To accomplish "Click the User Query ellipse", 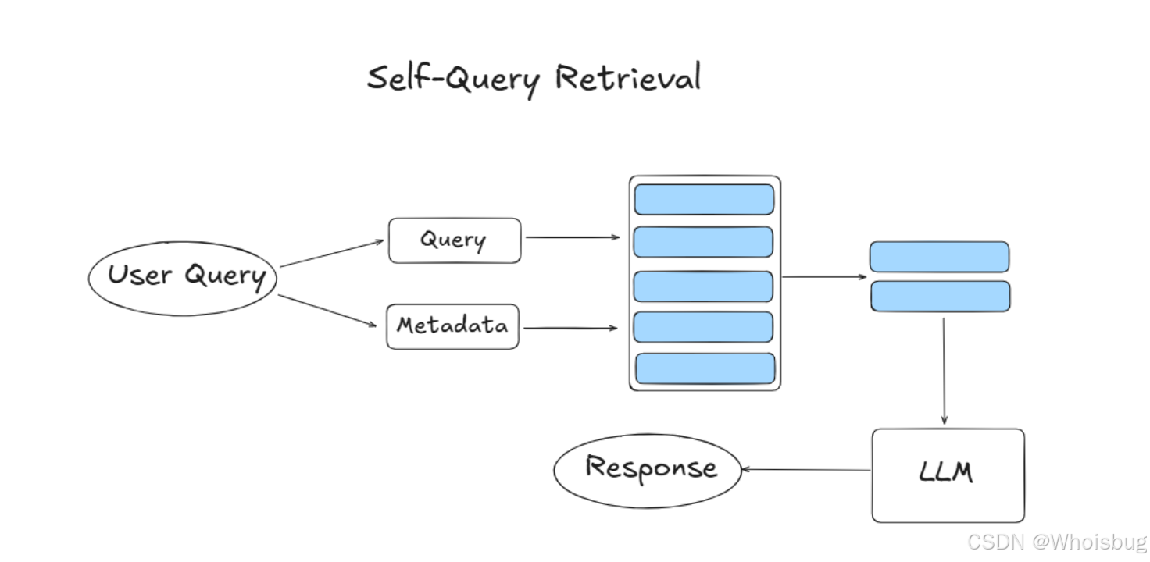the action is point(183,279).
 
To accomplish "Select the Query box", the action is point(455,240).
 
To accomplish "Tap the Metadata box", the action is point(453,326).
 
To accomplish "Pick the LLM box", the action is point(948,475).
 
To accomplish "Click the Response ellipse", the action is point(648,471).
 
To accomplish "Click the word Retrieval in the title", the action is point(628,78).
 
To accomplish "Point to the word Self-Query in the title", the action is point(453,80).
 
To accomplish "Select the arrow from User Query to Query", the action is point(332,254).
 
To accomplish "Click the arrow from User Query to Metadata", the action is point(327,311).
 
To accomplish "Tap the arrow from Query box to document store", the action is point(573,237).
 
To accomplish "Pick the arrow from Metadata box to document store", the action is point(570,328).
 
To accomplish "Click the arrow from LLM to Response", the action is point(806,470).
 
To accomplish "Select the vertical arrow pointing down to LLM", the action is point(944,371).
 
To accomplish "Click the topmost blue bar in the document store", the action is point(704,200).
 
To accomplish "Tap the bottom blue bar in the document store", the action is point(705,368).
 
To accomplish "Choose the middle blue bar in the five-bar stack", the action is point(703,286).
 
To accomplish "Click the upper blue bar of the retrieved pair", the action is point(940,257).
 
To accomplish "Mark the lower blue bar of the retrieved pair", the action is point(941,297).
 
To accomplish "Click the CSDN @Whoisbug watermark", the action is point(1058,542).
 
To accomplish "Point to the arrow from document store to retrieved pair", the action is point(824,277).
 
